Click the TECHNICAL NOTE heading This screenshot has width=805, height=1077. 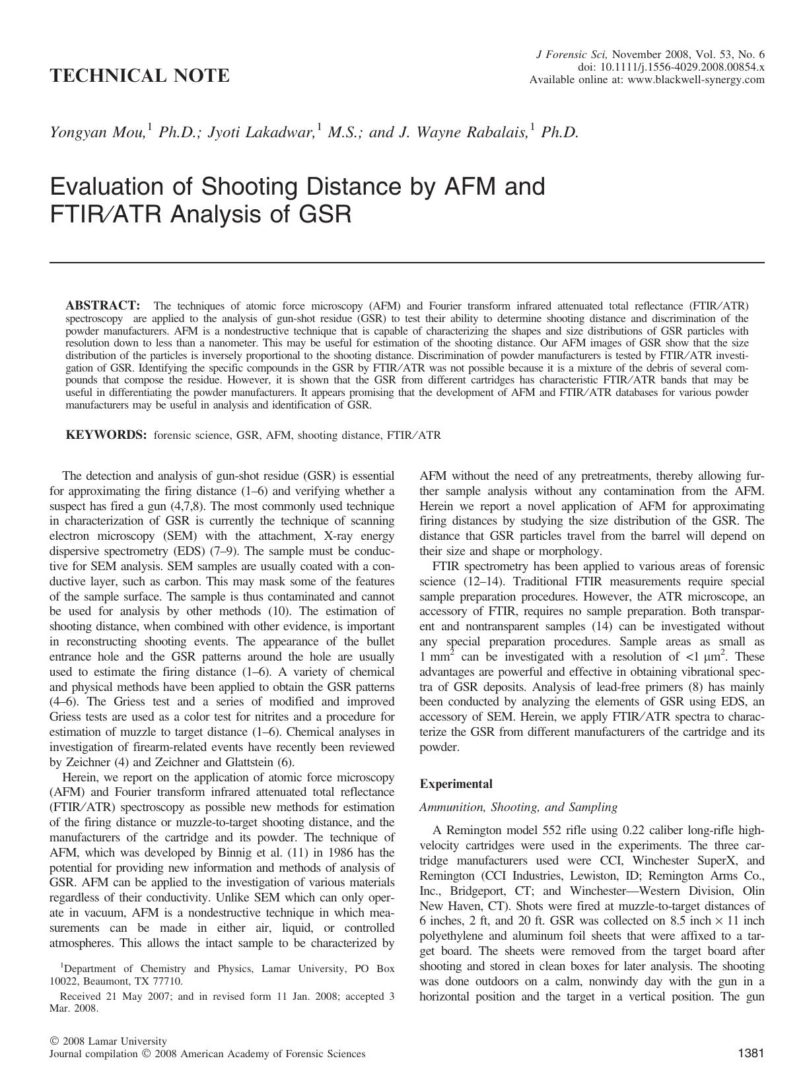point(139,76)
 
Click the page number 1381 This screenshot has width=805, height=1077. point(750,1053)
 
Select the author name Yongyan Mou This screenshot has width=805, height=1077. point(97,133)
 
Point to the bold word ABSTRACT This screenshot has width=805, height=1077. point(102,305)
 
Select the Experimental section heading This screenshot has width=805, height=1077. point(456,784)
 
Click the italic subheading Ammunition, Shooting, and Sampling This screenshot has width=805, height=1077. point(518,806)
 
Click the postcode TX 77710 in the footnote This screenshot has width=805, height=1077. point(162,981)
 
